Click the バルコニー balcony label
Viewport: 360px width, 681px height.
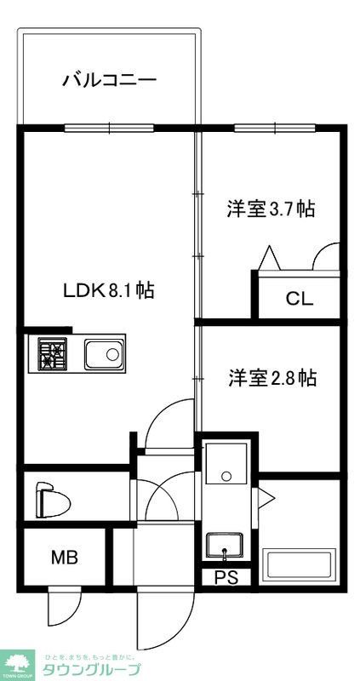109,81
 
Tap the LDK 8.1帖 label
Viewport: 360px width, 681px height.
109,289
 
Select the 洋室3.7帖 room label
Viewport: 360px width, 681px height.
271,209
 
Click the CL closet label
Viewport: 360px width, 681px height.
299,299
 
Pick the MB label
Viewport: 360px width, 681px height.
64,558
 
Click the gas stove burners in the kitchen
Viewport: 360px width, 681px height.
53,353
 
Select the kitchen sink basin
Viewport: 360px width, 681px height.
104,353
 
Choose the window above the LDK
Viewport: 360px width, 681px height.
109,129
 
